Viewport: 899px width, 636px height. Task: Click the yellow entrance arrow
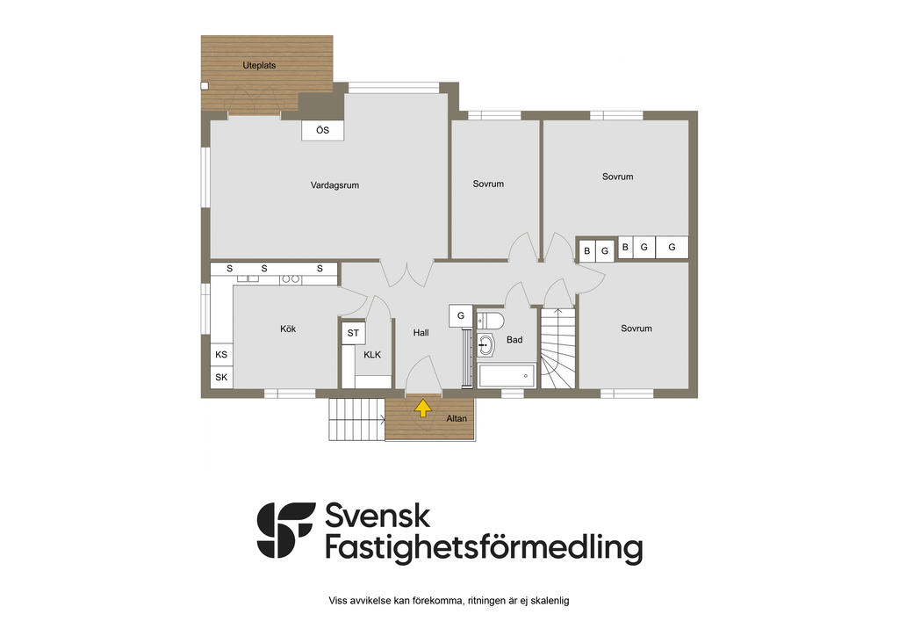click(x=422, y=407)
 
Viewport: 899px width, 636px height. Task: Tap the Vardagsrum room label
click(x=334, y=185)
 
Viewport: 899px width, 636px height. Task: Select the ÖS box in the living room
click(x=322, y=131)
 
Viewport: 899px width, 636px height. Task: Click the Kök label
click(x=288, y=329)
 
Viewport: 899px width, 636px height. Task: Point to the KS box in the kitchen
click(x=221, y=354)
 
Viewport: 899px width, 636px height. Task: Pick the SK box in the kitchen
click(x=221, y=378)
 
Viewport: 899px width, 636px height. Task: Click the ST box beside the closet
click(x=353, y=333)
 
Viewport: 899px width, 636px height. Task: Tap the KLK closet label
click(x=372, y=354)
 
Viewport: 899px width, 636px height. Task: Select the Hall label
click(x=421, y=333)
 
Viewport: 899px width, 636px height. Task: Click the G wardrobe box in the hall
click(x=460, y=315)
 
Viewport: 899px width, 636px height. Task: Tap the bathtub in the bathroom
click(x=507, y=375)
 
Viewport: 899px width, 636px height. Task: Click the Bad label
click(x=514, y=340)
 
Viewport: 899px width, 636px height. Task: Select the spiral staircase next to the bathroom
click(x=557, y=349)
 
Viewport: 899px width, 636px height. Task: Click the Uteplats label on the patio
click(x=259, y=65)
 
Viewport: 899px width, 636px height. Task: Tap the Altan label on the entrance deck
click(x=457, y=418)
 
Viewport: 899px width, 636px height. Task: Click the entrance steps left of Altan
click(x=356, y=419)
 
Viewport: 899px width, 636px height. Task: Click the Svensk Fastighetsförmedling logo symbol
click(x=285, y=530)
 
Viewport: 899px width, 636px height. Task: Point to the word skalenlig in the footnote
click(x=548, y=601)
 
